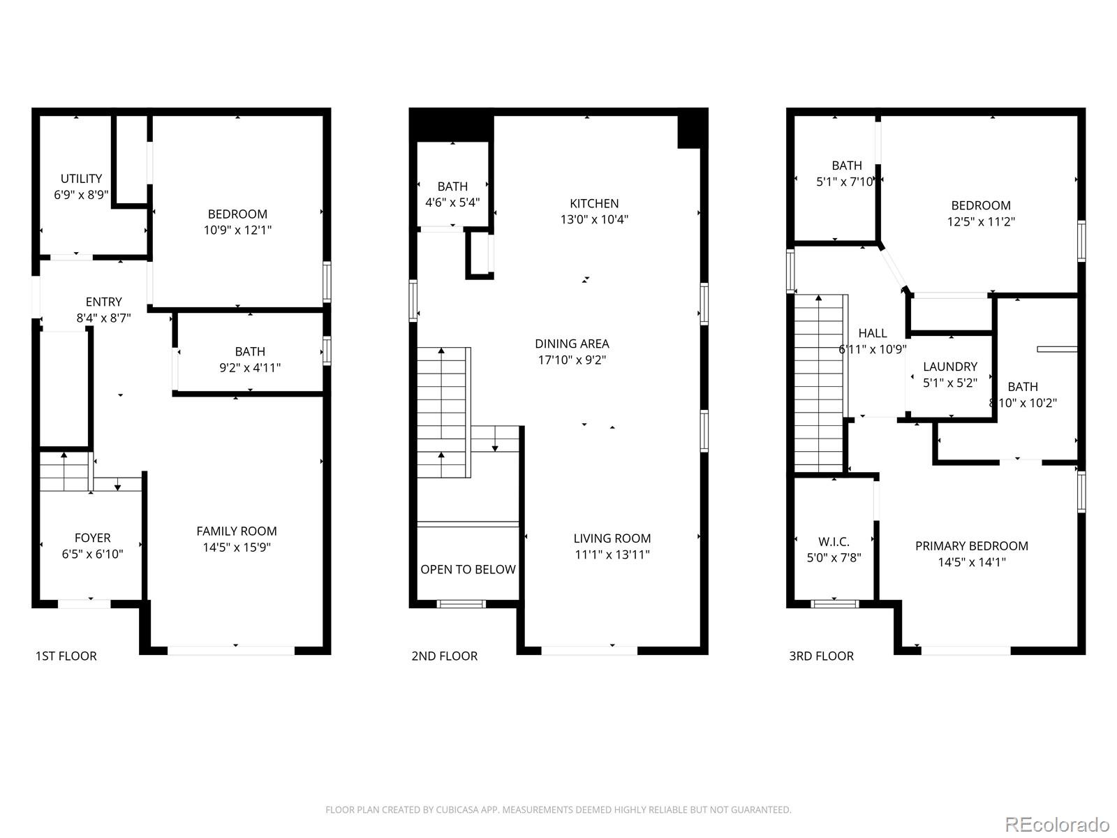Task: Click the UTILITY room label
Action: point(81,179)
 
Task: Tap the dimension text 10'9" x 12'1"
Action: point(237,230)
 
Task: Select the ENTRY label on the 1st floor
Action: point(103,302)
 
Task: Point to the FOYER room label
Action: point(92,538)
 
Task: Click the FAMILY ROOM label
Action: point(237,531)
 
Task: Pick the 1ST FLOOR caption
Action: point(66,656)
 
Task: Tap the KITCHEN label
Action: point(594,203)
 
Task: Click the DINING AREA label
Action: point(572,344)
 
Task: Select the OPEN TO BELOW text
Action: point(468,569)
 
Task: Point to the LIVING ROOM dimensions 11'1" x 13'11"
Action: point(612,554)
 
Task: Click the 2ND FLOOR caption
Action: point(444,656)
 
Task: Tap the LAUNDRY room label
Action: point(949,367)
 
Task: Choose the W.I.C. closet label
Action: point(834,542)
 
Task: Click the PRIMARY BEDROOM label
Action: point(971,546)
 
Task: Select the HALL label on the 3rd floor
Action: point(873,333)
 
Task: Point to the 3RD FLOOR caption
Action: point(821,656)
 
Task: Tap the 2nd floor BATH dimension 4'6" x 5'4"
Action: point(452,203)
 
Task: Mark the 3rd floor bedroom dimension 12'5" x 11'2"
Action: point(981,221)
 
